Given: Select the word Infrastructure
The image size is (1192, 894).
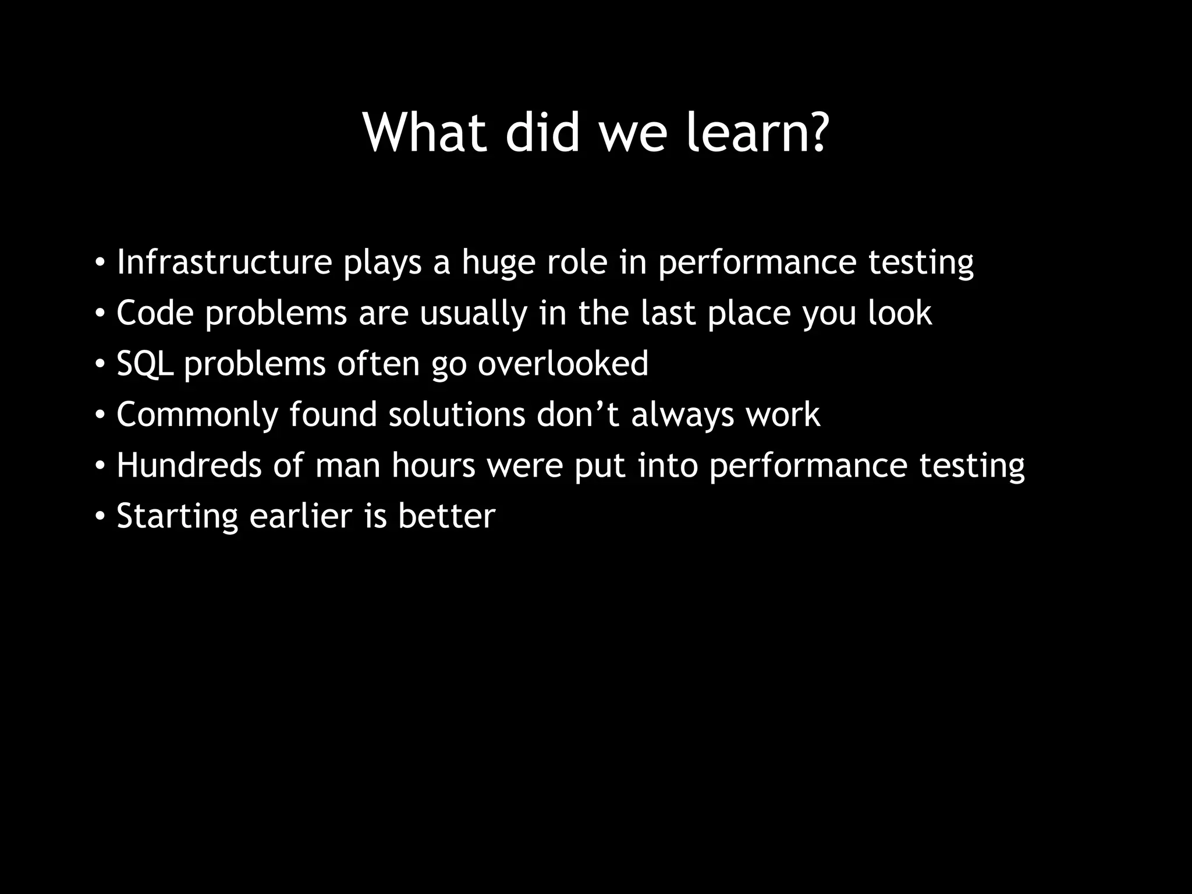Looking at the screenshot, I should (x=224, y=262).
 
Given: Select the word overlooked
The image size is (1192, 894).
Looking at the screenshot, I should (x=563, y=364).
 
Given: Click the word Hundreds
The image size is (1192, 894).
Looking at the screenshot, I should (x=189, y=466).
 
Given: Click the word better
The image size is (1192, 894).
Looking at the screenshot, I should (x=446, y=516).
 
